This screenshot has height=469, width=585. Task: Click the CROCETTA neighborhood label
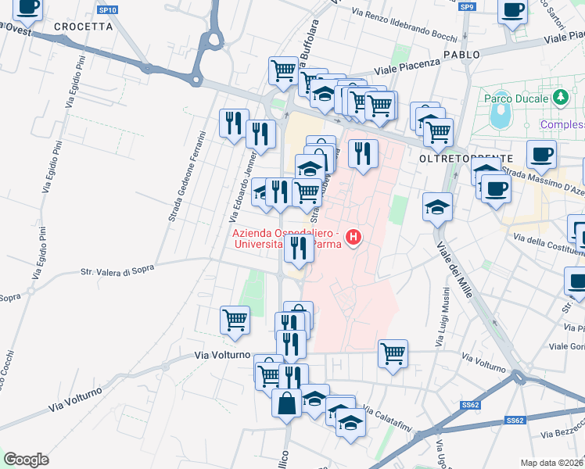click(84, 26)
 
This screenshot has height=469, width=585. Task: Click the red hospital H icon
click(354, 236)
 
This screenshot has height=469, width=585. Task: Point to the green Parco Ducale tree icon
click(560, 98)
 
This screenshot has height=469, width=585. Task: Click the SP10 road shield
click(108, 10)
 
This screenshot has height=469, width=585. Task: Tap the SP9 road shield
click(468, 7)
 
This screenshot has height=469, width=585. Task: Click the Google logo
click(26, 460)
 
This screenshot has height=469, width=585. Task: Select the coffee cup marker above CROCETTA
click(29, 7)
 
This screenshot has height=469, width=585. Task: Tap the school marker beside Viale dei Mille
click(437, 207)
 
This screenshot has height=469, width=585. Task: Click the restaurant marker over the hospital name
click(297, 248)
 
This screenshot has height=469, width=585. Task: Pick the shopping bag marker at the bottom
click(287, 403)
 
